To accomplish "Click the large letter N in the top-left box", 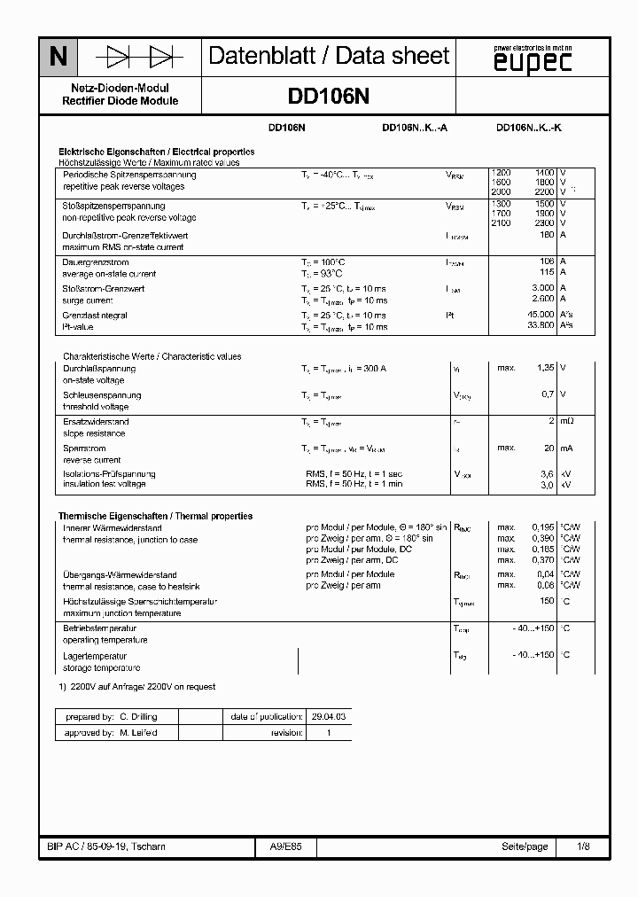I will pos(58,58).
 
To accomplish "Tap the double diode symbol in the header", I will pos(138,58).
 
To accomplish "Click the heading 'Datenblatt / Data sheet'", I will pos(329,57).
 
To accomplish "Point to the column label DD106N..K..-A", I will pos(414,128).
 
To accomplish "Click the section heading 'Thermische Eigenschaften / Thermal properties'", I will pos(155,516).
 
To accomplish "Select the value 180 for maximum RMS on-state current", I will pos(546,235).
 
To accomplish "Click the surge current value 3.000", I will pos(542,289).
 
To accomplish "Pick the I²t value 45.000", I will pos(541,315).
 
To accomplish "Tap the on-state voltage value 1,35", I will pos(544,368).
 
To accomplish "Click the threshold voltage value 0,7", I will pos(548,394).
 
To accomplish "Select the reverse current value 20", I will pos(549,448).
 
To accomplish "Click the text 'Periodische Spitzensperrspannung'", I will pos(128,175).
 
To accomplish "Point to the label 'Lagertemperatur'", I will pos(90,656).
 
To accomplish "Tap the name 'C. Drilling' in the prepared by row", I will pos(138,715).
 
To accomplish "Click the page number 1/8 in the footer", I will pos(582,847).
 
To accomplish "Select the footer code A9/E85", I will pos(285,847).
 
